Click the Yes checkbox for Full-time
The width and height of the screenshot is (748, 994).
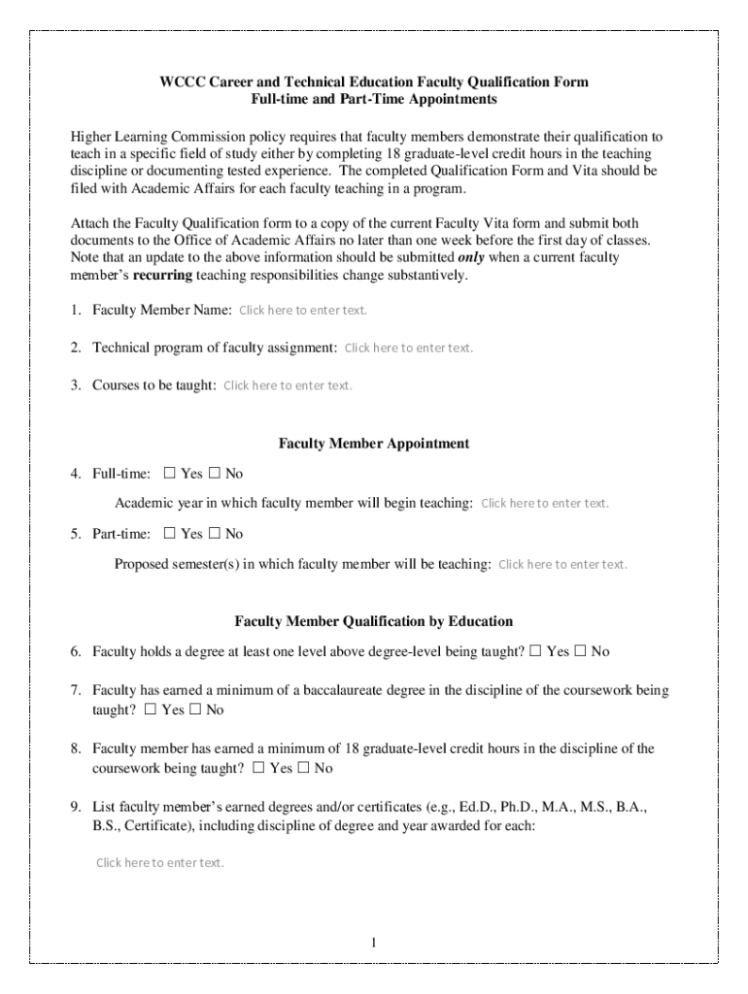click(170, 474)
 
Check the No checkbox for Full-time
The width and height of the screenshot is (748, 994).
click(216, 474)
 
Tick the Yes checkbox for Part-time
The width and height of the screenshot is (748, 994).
click(170, 534)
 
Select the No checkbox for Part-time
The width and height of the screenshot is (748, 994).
click(216, 534)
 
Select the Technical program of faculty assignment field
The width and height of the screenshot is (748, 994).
click(409, 348)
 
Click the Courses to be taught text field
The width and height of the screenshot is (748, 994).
click(288, 385)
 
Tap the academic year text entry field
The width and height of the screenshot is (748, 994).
click(545, 503)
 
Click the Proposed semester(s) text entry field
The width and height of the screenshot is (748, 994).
click(562, 564)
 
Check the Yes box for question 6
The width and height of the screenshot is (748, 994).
click(535, 651)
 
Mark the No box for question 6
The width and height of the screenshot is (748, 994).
click(581, 651)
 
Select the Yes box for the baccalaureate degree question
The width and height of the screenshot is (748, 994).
click(151, 710)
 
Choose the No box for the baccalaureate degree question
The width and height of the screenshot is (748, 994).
click(195, 710)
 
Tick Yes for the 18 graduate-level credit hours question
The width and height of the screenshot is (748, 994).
click(258, 769)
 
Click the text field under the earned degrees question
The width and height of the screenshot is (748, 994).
click(160, 862)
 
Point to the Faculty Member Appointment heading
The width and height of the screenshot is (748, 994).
click(374, 444)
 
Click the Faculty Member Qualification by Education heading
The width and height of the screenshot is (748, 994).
click(374, 621)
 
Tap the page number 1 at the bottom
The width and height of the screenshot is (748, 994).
click(374, 944)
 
